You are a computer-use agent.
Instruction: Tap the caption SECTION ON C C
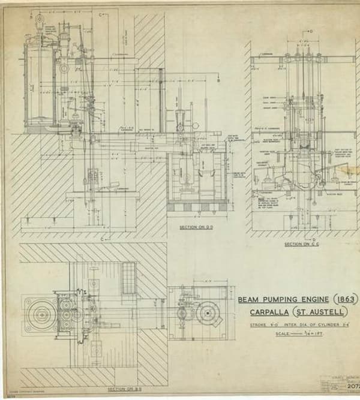(x=301, y=244)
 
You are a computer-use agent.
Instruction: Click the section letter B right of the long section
(x=219, y=80)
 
